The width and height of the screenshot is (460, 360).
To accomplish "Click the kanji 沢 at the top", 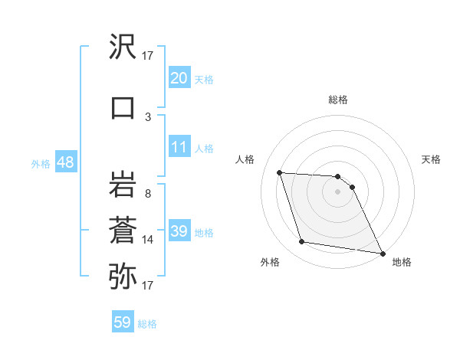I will tap(123, 48).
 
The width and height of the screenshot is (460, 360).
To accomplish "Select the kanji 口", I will tap(123, 107).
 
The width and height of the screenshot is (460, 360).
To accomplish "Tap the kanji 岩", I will tap(123, 185).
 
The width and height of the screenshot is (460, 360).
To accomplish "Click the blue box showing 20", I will tap(179, 77).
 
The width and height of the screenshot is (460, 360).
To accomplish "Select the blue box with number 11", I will tap(179, 147).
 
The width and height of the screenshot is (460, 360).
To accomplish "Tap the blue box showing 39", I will tap(179, 231).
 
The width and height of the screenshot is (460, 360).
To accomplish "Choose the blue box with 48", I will tap(65, 162).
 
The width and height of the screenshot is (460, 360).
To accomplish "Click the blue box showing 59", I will tap(123, 322).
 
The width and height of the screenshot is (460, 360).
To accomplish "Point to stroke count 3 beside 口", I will tap(148, 116).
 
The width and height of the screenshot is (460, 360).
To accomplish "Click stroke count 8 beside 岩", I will tap(148, 194).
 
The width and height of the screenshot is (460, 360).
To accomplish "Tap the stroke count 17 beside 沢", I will tap(148, 56).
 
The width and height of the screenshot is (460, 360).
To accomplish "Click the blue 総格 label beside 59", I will tap(147, 324).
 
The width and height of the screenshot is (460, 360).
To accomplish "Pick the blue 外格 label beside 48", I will tap(41, 164).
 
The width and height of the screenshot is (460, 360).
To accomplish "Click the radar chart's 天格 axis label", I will tap(432, 159).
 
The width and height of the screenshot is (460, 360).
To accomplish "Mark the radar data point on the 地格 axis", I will tap(382, 253).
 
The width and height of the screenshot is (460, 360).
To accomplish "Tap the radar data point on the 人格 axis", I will tap(279, 172).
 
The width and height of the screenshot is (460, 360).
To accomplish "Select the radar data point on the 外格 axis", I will tap(302, 243).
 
